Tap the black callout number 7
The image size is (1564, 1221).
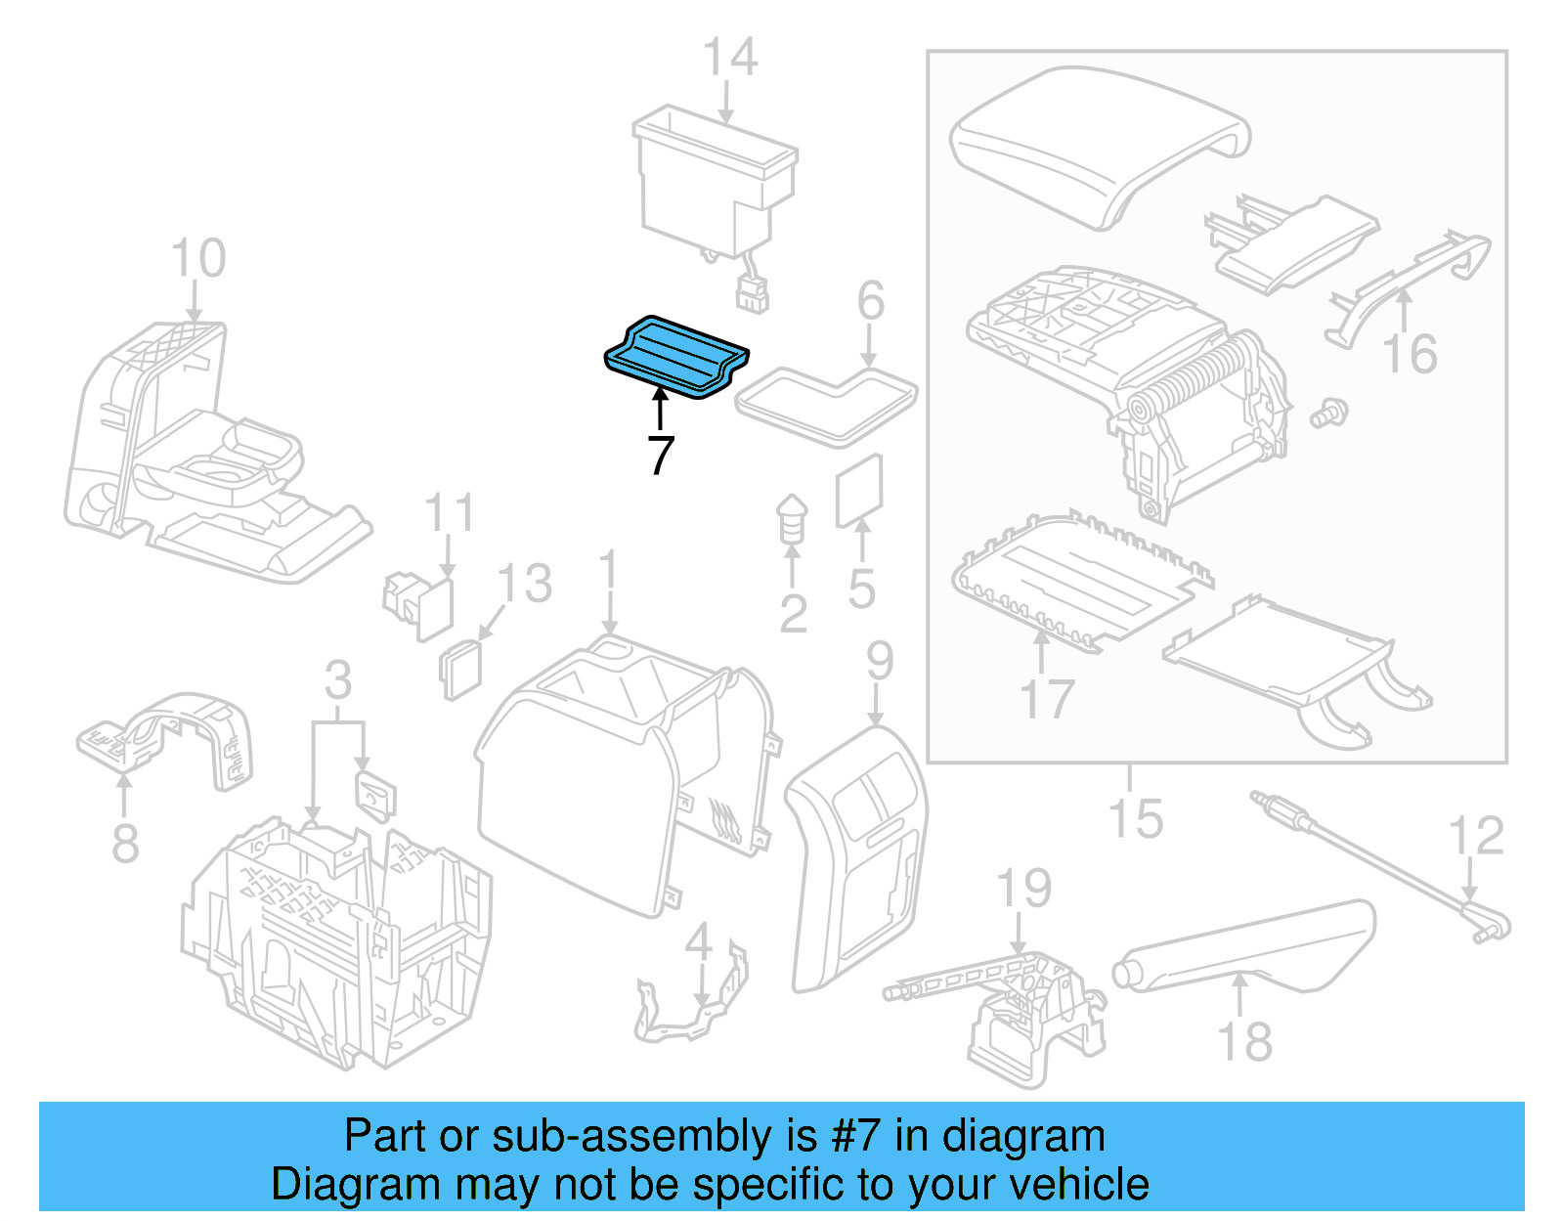[661, 456]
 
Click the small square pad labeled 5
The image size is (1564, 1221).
[859, 491]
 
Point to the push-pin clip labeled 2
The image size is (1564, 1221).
[792, 521]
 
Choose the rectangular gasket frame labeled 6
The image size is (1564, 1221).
[826, 402]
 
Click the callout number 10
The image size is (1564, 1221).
[197, 259]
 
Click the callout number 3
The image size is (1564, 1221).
[337, 679]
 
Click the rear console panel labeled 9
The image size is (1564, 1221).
[857, 850]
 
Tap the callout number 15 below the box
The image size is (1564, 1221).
[1135, 818]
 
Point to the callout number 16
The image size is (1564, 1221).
[1410, 354]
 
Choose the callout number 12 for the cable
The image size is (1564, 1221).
[1475, 836]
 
